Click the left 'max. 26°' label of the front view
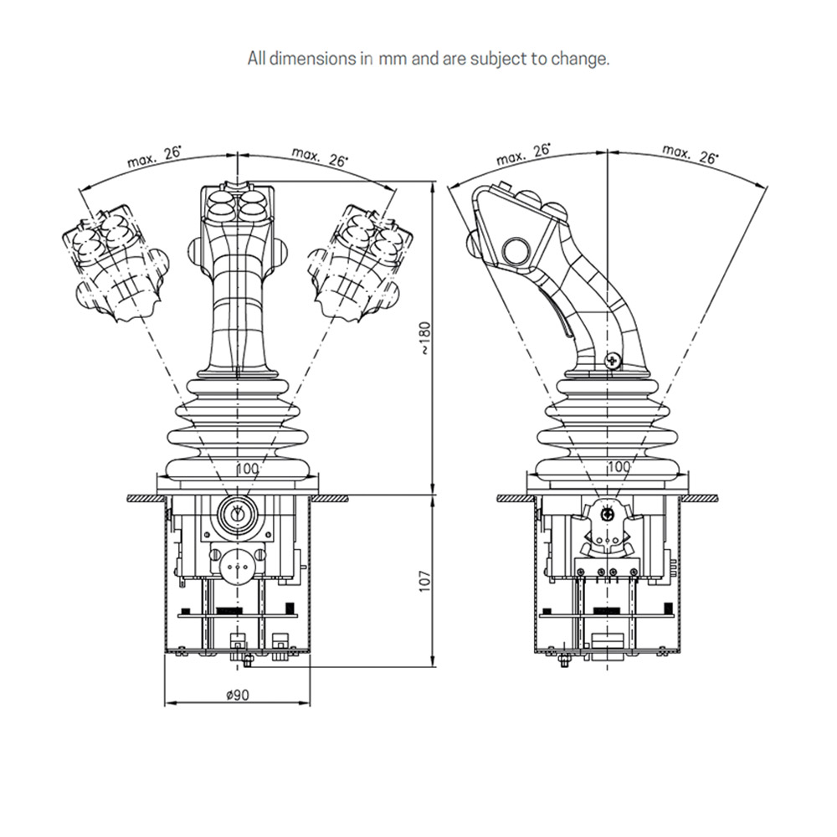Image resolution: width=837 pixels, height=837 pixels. click(x=154, y=157)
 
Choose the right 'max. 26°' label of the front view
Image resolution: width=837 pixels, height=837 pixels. click(x=320, y=157)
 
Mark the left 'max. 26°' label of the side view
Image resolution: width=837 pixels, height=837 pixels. click(x=523, y=154)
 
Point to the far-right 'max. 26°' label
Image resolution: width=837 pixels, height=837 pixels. click(x=691, y=154)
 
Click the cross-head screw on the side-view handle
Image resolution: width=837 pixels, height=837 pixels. click(x=612, y=360)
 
